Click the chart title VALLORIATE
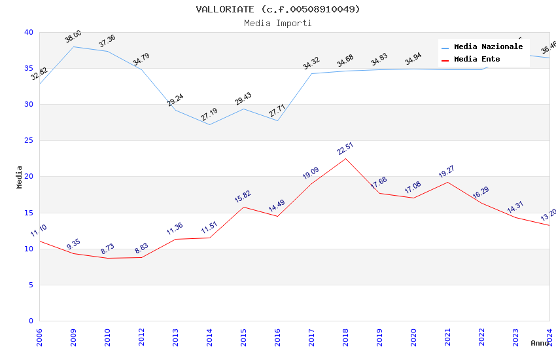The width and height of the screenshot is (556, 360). click(x=278, y=9)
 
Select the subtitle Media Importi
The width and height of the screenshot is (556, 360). click(x=278, y=23)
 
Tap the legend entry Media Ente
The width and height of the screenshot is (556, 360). click(x=477, y=60)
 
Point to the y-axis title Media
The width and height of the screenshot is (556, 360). click(x=19, y=177)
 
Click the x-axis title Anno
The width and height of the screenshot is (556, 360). click(x=540, y=343)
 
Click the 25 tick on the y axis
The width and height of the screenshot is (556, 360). click(x=28, y=141)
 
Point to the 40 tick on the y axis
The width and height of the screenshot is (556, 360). click(x=28, y=32)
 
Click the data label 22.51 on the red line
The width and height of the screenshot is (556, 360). click(x=345, y=148)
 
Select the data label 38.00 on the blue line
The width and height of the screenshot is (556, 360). click(x=73, y=37)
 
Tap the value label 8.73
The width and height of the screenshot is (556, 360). click(x=107, y=249)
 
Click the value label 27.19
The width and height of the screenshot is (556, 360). click(x=209, y=115)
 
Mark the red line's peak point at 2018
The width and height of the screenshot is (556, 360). click(x=345, y=158)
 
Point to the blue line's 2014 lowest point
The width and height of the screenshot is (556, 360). click(x=209, y=124)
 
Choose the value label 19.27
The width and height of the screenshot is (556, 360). click(x=447, y=171)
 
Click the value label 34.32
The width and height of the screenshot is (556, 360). click(x=311, y=63)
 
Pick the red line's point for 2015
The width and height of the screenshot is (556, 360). click(x=243, y=207)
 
